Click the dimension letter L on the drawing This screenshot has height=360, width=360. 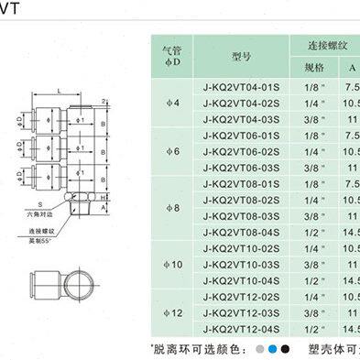[x=58, y=92]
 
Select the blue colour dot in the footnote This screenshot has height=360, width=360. [x=275, y=348]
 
